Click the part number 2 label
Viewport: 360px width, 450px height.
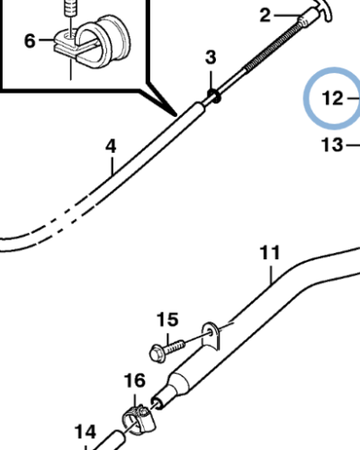click(265, 15)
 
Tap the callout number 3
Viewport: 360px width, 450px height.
click(211, 58)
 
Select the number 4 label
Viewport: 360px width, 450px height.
click(111, 147)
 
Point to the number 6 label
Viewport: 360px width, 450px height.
click(30, 40)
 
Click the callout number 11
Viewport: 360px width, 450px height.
click(270, 253)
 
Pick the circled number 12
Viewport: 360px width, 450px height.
click(332, 98)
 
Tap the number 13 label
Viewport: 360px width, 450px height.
click(332, 145)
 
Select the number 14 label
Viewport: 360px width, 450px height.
click(85, 432)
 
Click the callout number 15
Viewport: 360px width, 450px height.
click(167, 319)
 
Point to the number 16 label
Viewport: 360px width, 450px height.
click(135, 381)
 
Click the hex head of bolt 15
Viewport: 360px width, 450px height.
click(157, 354)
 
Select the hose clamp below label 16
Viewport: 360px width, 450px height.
click(139, 419)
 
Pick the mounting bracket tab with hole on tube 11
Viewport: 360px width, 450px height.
click(211, 336)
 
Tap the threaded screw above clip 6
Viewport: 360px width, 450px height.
click(69, 10)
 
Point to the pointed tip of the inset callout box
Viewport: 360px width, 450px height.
click(176, 115)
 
